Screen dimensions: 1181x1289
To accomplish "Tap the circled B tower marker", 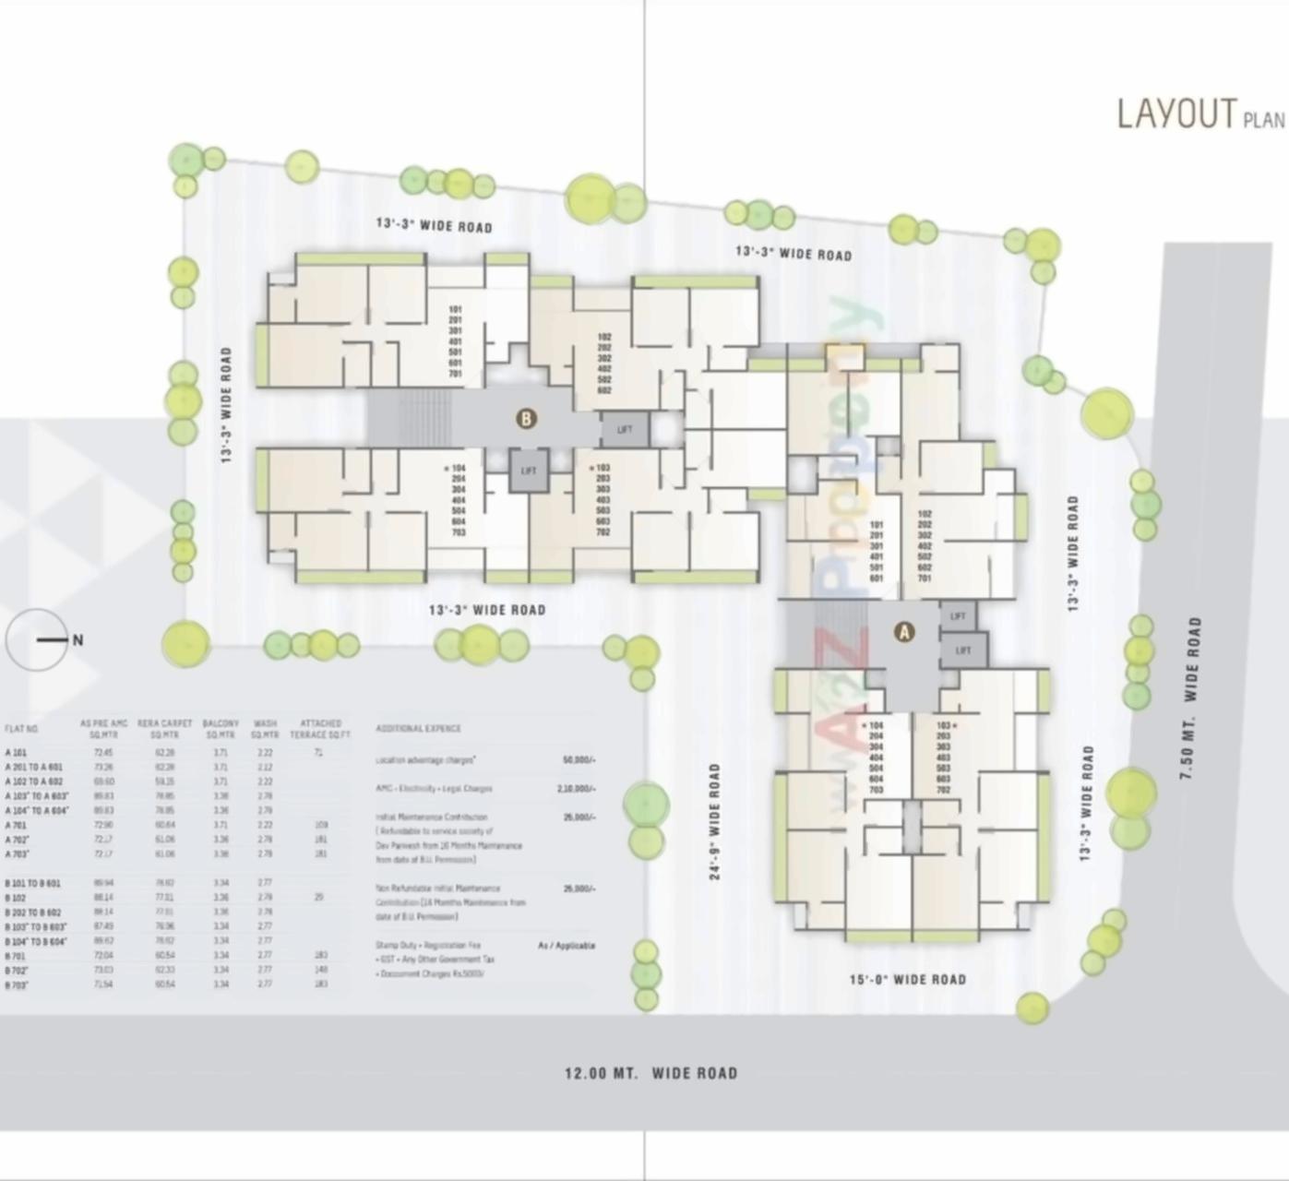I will (x=526, y=419).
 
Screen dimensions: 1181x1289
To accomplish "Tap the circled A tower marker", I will (x=904, y=632).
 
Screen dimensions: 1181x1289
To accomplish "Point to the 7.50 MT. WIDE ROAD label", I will (x=1191, y=698).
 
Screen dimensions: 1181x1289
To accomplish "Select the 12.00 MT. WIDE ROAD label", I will (x=650, y=1073).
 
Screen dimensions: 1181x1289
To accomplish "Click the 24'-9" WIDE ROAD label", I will (x=715, y=821).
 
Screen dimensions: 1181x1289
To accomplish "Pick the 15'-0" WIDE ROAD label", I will (x=907, y=979).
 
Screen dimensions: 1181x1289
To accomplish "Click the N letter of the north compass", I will (x=78, y=639).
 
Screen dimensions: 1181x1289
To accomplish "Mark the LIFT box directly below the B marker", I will (x=529, y=471).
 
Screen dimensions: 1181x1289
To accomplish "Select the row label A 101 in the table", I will (x=16, y=753).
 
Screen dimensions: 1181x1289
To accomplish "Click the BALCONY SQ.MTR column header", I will (x=221, y=729).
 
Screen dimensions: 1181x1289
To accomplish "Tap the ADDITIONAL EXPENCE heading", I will (x=418, y=729).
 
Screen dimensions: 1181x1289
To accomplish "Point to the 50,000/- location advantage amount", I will (x=579, y=760).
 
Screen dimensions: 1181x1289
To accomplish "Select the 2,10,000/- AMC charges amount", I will (x=577, y=789).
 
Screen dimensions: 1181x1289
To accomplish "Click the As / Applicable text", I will (x=567, y=946).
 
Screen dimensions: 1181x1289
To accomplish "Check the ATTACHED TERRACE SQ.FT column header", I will (x=320, y=729).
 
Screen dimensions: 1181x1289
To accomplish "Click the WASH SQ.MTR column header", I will (x=265, y=729).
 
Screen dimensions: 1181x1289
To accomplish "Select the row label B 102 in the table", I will (x=15, y=898).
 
